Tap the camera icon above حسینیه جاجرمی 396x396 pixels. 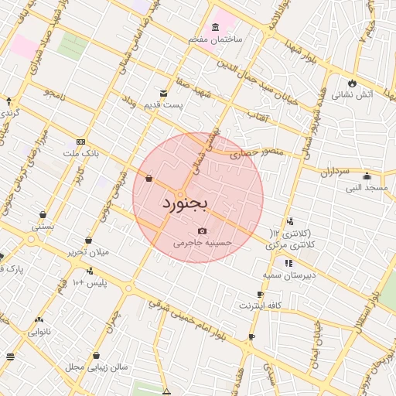(x=203, y=230)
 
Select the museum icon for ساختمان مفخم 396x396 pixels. (x=214, y=27)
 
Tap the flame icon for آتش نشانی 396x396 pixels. (x=353, y=83)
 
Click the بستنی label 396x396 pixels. (x=43, y=227)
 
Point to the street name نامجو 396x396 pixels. (x=55, y=94)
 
